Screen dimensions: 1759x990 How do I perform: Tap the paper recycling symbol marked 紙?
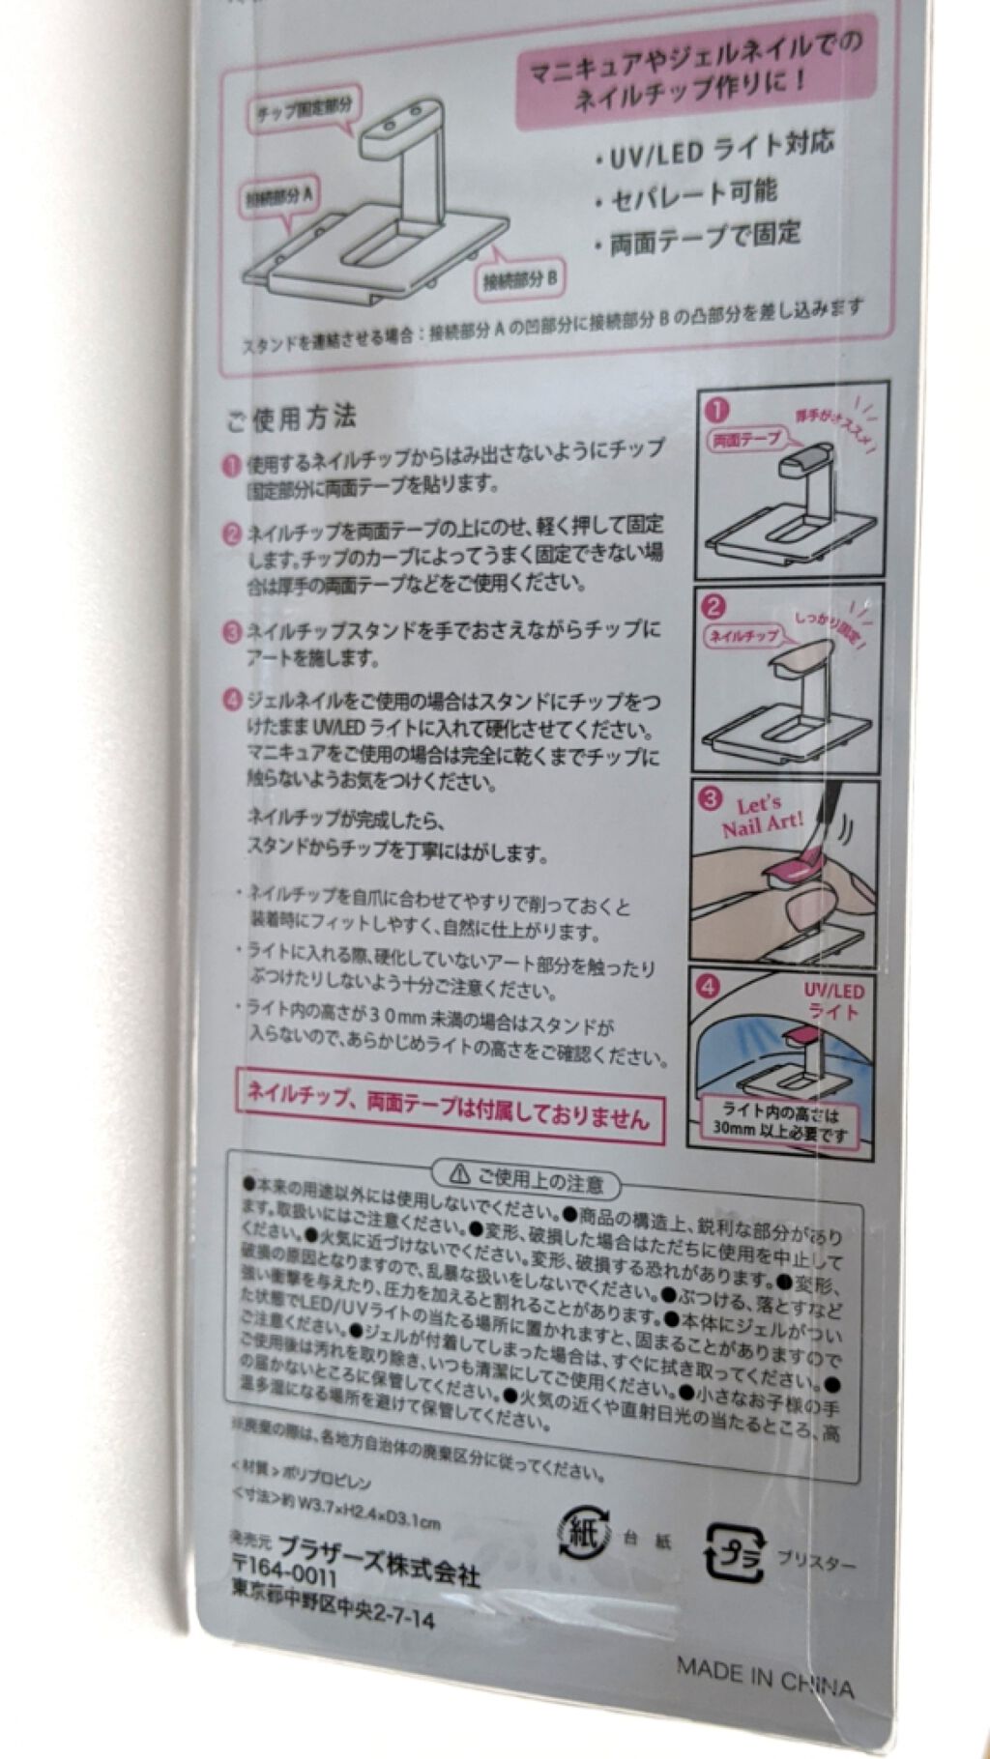pos(583,1533)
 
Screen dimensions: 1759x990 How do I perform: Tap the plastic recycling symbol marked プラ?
pos(735,1550)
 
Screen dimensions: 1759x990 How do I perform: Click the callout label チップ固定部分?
pos(304,111)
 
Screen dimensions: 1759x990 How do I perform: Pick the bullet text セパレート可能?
pos(692,195)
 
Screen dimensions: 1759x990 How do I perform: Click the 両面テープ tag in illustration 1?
pos(745,440)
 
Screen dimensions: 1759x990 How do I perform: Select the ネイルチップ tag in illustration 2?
pos(743,637)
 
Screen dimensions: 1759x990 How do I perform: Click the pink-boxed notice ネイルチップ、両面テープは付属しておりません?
pos(449,1105)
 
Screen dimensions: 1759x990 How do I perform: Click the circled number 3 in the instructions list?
pos(232,634)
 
